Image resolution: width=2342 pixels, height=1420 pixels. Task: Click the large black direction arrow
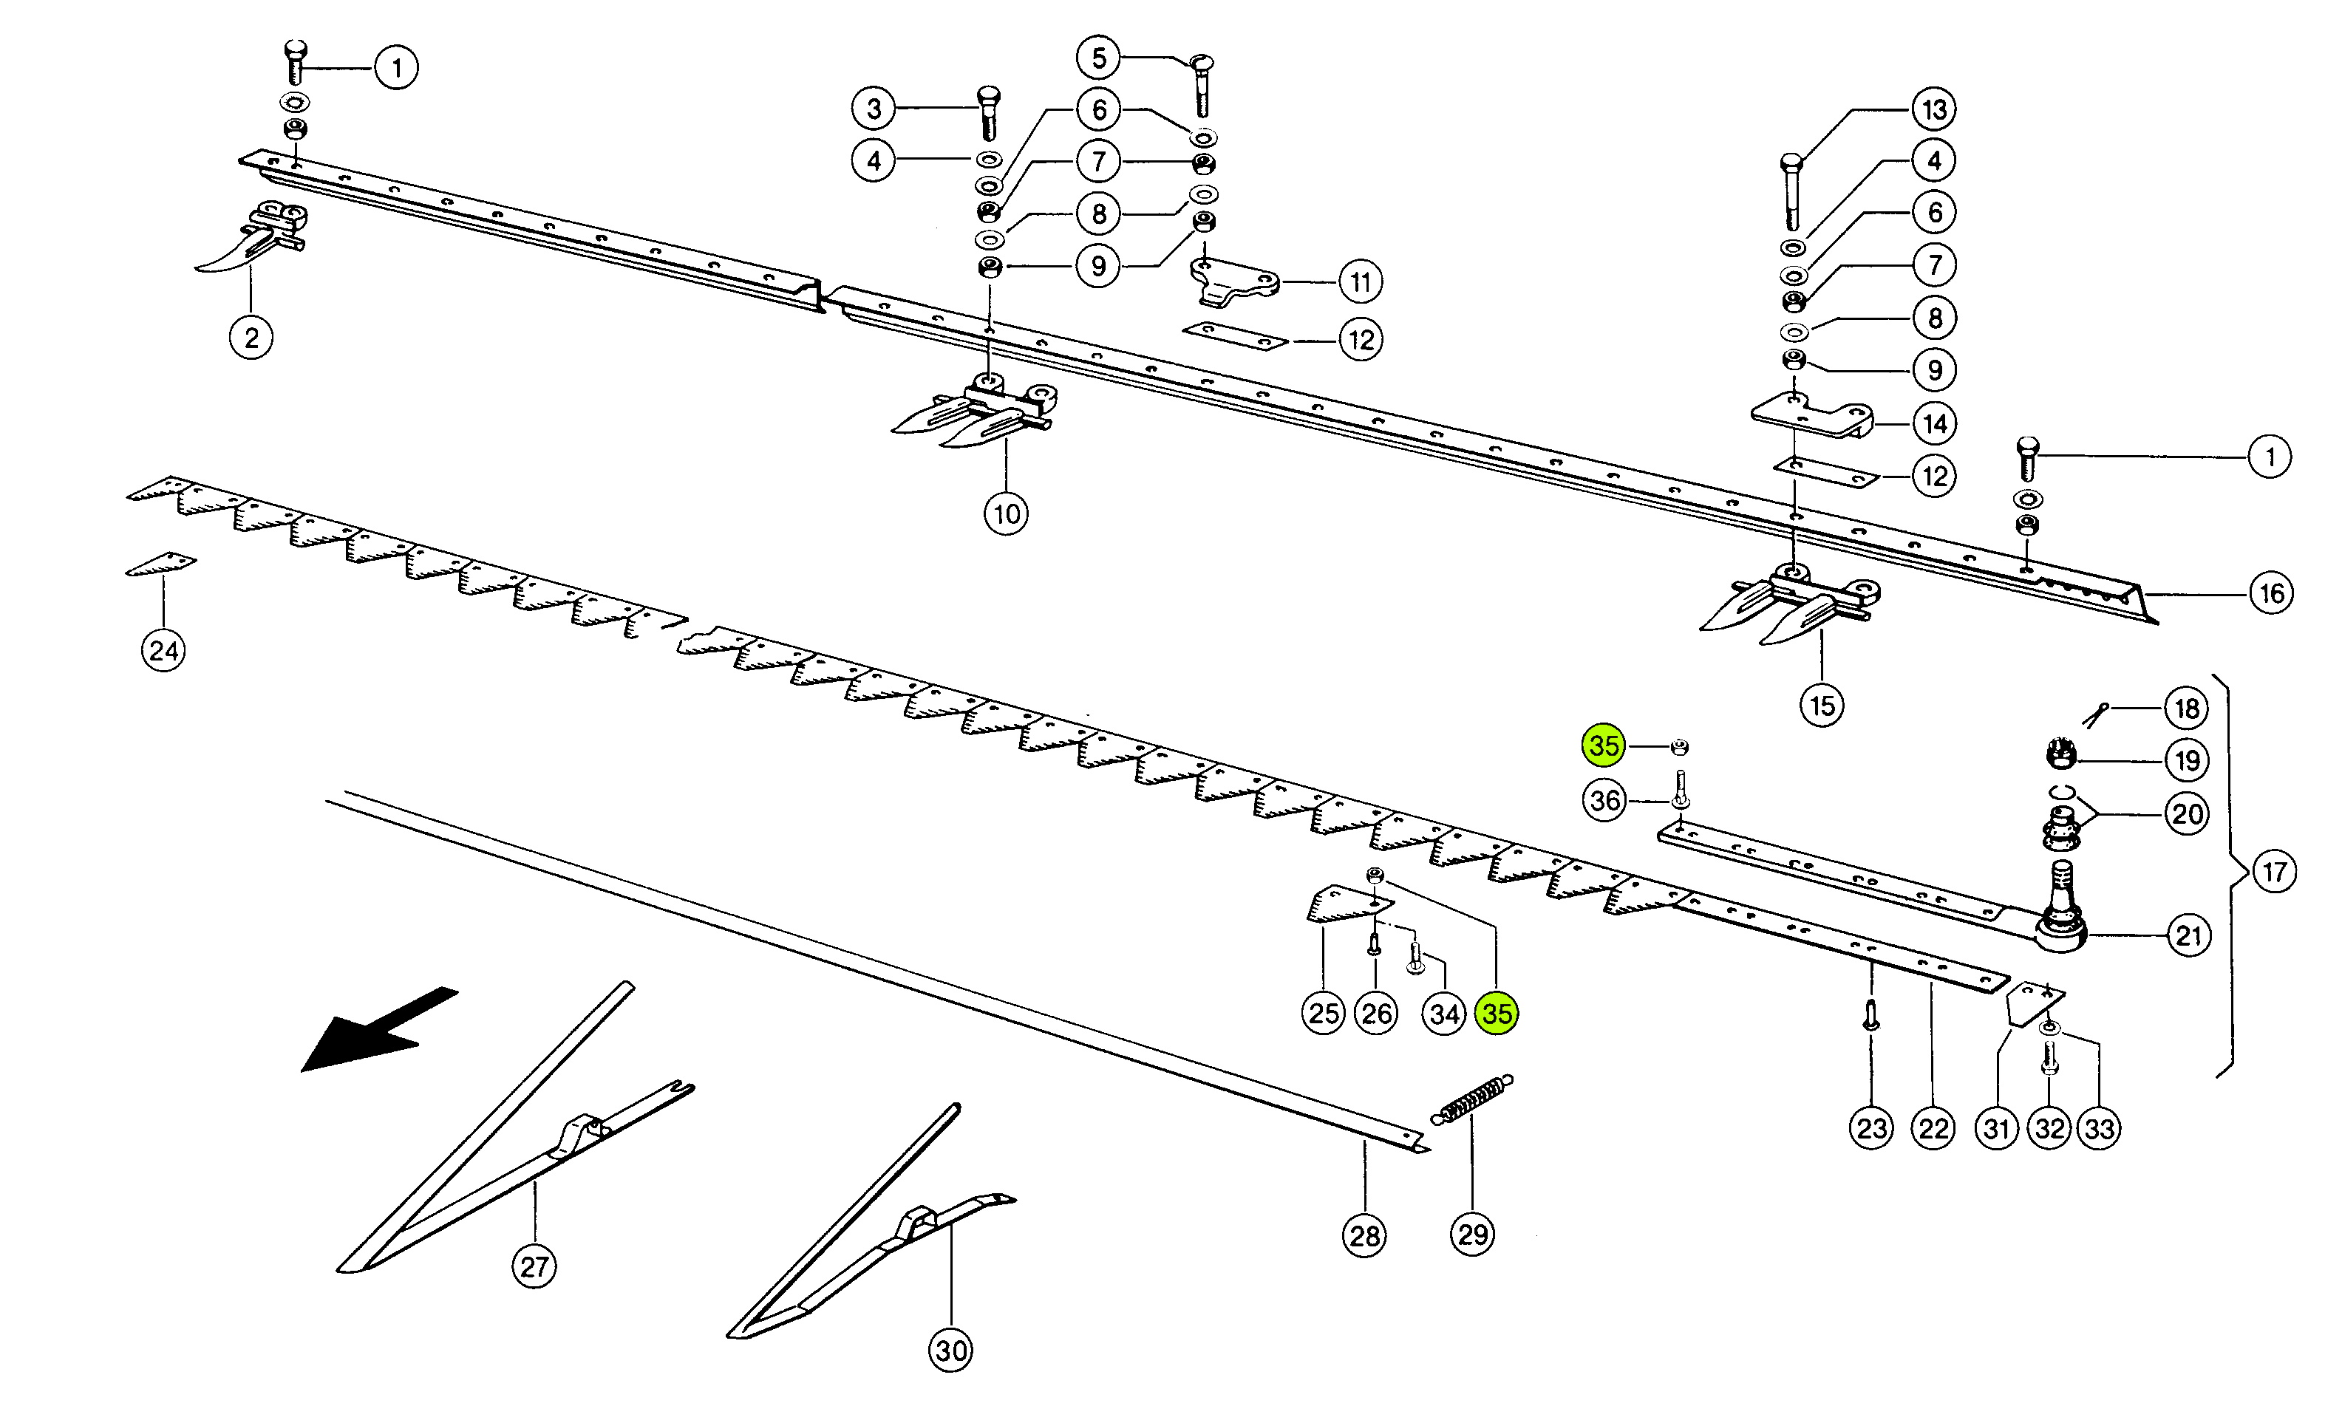coord(375,1031)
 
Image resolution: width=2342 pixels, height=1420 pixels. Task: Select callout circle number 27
coord(534,1266)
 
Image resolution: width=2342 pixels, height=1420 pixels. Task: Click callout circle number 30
coord(951,1351)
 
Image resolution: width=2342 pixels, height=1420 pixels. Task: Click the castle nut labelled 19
coord(2060,757)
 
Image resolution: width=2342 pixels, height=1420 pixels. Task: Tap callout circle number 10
coord(1007,514)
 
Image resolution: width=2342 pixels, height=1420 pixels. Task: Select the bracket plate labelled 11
coord(1233,282)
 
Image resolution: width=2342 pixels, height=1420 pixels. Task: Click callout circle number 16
coord(2272,593)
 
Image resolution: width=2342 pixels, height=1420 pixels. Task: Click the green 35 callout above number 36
coord(1604,745)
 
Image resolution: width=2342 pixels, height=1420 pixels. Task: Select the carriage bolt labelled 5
coord(1202,86)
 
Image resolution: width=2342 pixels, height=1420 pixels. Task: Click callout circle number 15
coord(1822,706)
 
